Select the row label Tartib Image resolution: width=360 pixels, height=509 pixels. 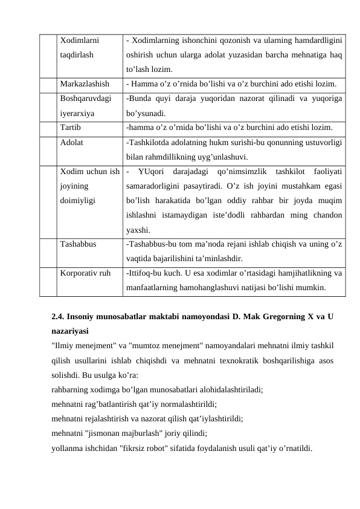(71, 128)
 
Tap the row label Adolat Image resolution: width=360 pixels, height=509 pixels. (72, 143)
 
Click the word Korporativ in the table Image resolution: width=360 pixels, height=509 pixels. (79, 273)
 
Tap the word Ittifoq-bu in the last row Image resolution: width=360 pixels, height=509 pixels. (146, 273)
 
